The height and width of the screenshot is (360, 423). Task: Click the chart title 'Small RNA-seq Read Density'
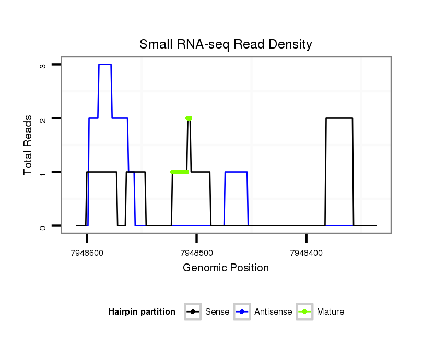pyautogui.click(x=226, y=44)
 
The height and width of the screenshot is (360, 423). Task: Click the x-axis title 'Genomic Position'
pyautogui.click(x=226, y=268)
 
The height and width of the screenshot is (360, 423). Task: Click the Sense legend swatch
pyautogui.click(x=193, y=312)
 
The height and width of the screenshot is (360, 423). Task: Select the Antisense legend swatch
pyautogui.click(x=242, y=312)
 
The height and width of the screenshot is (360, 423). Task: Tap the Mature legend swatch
pyautogui.click(x=304, y=312)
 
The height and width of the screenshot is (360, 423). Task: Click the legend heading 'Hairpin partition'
pyautogui.click(x=142, y=312)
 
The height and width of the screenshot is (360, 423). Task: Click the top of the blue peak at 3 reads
pyautogui.click(x=104, y=65)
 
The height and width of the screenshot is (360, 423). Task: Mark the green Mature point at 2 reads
pyautogui.click(x=189, y=118)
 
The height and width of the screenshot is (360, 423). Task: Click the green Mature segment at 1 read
pyautogui.click(x=180, y=172)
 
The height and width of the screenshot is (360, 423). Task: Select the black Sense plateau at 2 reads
pyautogui.click(x=339, y=118)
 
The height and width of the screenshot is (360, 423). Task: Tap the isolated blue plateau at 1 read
pyautogui.click(x=236, y=172)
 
